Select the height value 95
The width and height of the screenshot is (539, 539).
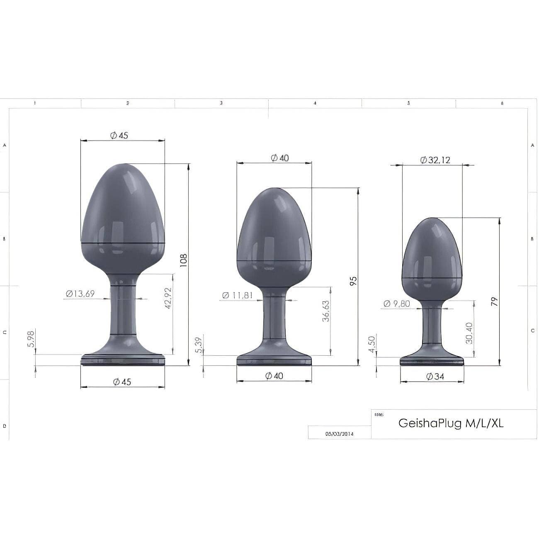(x=354, y=281)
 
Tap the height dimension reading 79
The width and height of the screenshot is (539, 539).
(x=494, y=301)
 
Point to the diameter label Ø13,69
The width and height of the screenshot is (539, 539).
(x=80, y=294)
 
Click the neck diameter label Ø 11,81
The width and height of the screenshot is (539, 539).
(x=237, y=295)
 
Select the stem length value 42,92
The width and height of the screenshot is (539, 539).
(x=168, y=298)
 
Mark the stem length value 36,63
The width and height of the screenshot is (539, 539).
(x=326, y=311)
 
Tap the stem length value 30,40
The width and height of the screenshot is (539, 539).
(x=469, y=333)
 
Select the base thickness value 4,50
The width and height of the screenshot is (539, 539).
(x=372, y=344)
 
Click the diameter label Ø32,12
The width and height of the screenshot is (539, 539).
(x=435, y=160)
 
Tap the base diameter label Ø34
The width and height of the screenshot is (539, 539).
(x=435, y=376)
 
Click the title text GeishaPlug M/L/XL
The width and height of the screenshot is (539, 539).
(x=451, y=423)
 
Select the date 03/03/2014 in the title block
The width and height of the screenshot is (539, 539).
(x=340, y=434)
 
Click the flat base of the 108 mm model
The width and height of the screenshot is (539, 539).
(x=123, y=360)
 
